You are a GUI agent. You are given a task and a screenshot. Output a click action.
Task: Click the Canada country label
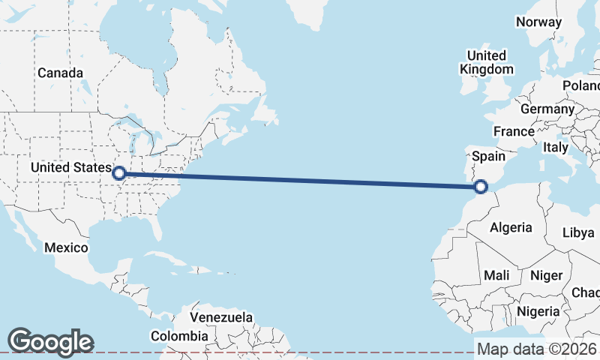(60, 73)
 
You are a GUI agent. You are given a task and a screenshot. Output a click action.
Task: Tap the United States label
(71, 167)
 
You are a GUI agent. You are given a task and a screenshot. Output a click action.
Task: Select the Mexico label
(66, 247)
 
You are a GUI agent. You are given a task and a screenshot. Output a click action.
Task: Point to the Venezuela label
(221, 317)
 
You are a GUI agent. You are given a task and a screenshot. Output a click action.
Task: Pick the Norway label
(538, 22)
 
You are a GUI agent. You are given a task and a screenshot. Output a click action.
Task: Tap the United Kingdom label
(487, 62)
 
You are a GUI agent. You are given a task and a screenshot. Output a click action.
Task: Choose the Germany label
(547, 109)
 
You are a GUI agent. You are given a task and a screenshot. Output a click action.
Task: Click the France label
(514, 131)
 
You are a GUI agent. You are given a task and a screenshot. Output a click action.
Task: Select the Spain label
(487, 157)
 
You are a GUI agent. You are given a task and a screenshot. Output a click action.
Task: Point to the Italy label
(556, 148)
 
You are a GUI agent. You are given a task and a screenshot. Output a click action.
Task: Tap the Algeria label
(511, 227)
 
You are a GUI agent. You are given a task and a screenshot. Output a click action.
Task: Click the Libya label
(578, 232)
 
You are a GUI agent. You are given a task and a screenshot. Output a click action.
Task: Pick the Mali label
(496, 275)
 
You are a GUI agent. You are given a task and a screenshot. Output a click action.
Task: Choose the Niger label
(546, 275)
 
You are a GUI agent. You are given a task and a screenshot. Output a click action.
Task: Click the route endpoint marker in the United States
(118, 174)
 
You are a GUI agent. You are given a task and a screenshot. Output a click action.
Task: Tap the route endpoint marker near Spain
(481, 187)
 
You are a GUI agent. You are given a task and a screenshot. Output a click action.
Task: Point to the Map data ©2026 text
(537, 349)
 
